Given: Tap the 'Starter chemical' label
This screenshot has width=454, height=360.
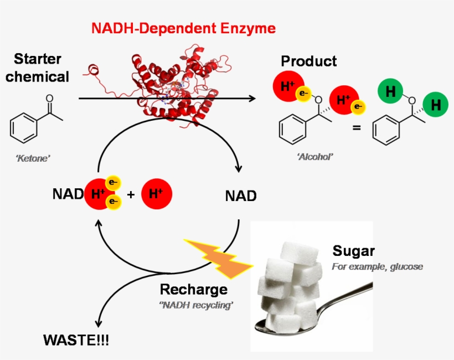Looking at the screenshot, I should point(37,68).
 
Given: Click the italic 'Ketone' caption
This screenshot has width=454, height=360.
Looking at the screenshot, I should point(33,158).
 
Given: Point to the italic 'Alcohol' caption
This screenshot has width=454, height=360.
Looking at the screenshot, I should point(315,157).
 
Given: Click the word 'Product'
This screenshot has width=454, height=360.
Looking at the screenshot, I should point(308,61).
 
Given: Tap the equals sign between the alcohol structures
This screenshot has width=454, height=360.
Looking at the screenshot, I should point(357,128).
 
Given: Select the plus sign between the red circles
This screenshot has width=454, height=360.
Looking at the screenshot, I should point(131,195).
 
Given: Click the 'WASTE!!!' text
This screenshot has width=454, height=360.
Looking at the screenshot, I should point(76,340).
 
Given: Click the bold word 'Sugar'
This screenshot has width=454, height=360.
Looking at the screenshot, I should point(354,250).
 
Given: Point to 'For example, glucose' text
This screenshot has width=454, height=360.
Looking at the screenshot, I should point(377,266).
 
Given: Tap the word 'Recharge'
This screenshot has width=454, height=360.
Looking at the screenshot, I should point(193,289).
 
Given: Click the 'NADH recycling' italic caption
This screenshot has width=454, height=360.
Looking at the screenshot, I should point(195,305).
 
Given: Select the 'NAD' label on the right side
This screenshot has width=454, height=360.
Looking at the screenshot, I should point(241,196).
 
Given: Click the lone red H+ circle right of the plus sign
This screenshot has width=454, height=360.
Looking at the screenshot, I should point(157,194).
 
